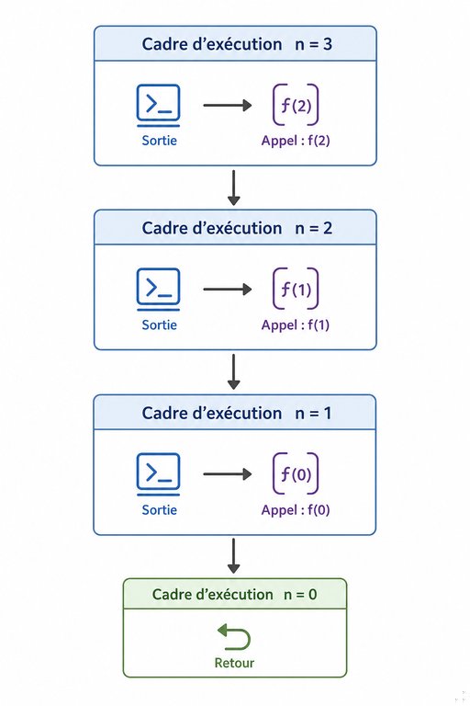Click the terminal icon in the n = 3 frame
[x=158, y=106]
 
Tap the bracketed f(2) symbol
[x=296, y=105]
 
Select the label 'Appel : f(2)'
[x=296, y=141]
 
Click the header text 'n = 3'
[x=313, y=44]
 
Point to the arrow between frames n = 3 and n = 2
[x=233, y=188]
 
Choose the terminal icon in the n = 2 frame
[x=158, y=290]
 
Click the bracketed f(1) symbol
[x=296, y=289]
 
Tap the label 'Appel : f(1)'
[x=296, y=325]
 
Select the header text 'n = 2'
[x=313, y=228]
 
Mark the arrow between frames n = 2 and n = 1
[x=233, y=372]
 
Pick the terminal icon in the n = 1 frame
[x=158, y=474]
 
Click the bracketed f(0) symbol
[x=296, y=473]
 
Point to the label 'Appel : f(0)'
[x=296, y=509]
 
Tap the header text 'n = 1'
[x=313, y=414]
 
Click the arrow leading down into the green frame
[x=233, y=556]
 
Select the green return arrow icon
[x=234, y=637]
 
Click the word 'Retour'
[x=234, y=663]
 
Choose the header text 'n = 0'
[x=300, y=595]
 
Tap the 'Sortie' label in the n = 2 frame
[x=159, y=325]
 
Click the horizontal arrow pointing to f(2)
[x=228, y=106]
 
